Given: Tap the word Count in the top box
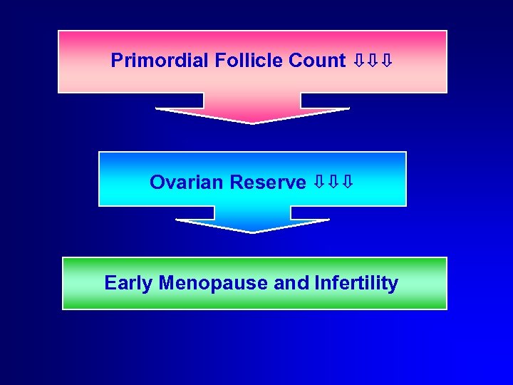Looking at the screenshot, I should pyautogui.click(x=317, y=61).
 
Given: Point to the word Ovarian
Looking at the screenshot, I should pyautogui.click(x=187, y=183).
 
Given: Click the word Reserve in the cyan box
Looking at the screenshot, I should pyautogui.click(x=268, y=183).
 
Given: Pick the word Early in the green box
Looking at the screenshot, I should pyautogui.click(x=129, y=283).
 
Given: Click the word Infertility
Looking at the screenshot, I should pyautogui.click(x=356, y=283).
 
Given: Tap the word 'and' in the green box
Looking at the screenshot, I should pyautogui.click(x=291, y=283).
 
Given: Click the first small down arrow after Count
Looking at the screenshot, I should pyautogui.click(x=359, y=61).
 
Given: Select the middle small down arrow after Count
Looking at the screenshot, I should pyautogui.click(x=373, y=61).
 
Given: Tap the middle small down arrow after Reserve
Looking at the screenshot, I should pyautogui.click(x=333, y=183).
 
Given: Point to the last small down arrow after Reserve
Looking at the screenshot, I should pyautogui.click(x=347, y=183).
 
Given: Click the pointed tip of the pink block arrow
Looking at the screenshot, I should pyautogui.click(x=252, y=122).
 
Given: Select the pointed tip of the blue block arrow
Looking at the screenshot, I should pyautogui.click(x=252, y=232).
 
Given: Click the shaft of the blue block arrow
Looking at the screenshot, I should pyautogui.click(x=252, y=212).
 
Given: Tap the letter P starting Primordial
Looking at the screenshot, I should pyautogui.click(x=117, y=61).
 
